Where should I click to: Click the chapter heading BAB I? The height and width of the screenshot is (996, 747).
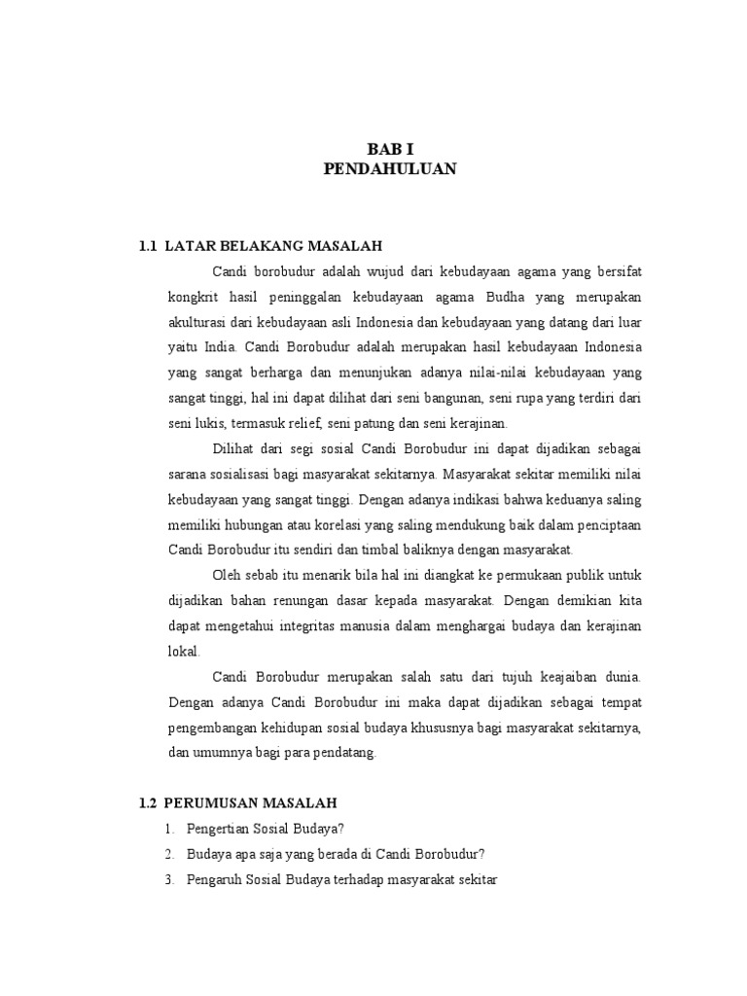pyautogui.click(x=389, y=149)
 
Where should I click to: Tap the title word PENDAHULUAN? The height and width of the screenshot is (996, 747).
pyautogui.click(x=389, y=169)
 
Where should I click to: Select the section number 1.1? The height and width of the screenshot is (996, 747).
pyautogui.click(x=149, y=246)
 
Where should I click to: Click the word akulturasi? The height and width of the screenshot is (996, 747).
pyautogui.click(x=198, y=321)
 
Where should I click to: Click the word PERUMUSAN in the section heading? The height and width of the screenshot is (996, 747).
pyautogui.click(x=211, y=803)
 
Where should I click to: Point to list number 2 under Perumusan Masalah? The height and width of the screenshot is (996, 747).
pyautogui.click(x=169, y=854)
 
